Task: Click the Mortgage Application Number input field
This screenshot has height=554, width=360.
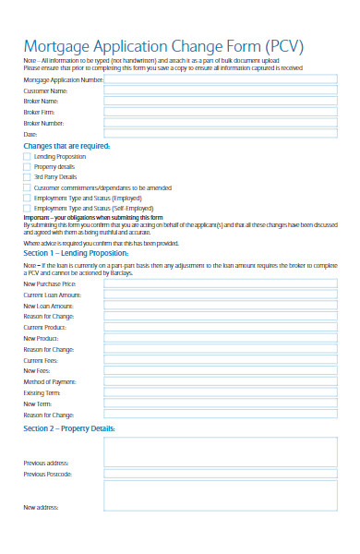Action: click(221, 80)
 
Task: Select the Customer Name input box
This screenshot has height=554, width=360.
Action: click(221, 90)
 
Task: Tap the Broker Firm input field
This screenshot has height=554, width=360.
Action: click(221, 112)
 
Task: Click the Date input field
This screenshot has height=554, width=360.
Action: click(221, 134)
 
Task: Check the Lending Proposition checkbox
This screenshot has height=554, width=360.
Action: click(26, 156)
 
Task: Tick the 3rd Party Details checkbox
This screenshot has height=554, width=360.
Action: click(26, 176)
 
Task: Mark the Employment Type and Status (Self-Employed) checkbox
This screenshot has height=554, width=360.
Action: click(26, 209)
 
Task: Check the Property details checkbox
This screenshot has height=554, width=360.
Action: click(26, 166)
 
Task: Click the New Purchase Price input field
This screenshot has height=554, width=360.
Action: click(221, 283)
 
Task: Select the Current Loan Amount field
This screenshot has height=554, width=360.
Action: click(221, 295)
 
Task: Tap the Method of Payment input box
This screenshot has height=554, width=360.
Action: click(221, 381)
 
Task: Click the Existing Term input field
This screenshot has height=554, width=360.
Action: click(221, 392)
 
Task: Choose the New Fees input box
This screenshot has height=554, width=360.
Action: click(221, 370)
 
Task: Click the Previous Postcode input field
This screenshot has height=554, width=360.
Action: click(221, 474)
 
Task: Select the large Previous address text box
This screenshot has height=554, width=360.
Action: click(221, 451)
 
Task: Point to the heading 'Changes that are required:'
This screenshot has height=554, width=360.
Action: click(66, 146)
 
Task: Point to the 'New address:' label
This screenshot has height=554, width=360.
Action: click(42, 507)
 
